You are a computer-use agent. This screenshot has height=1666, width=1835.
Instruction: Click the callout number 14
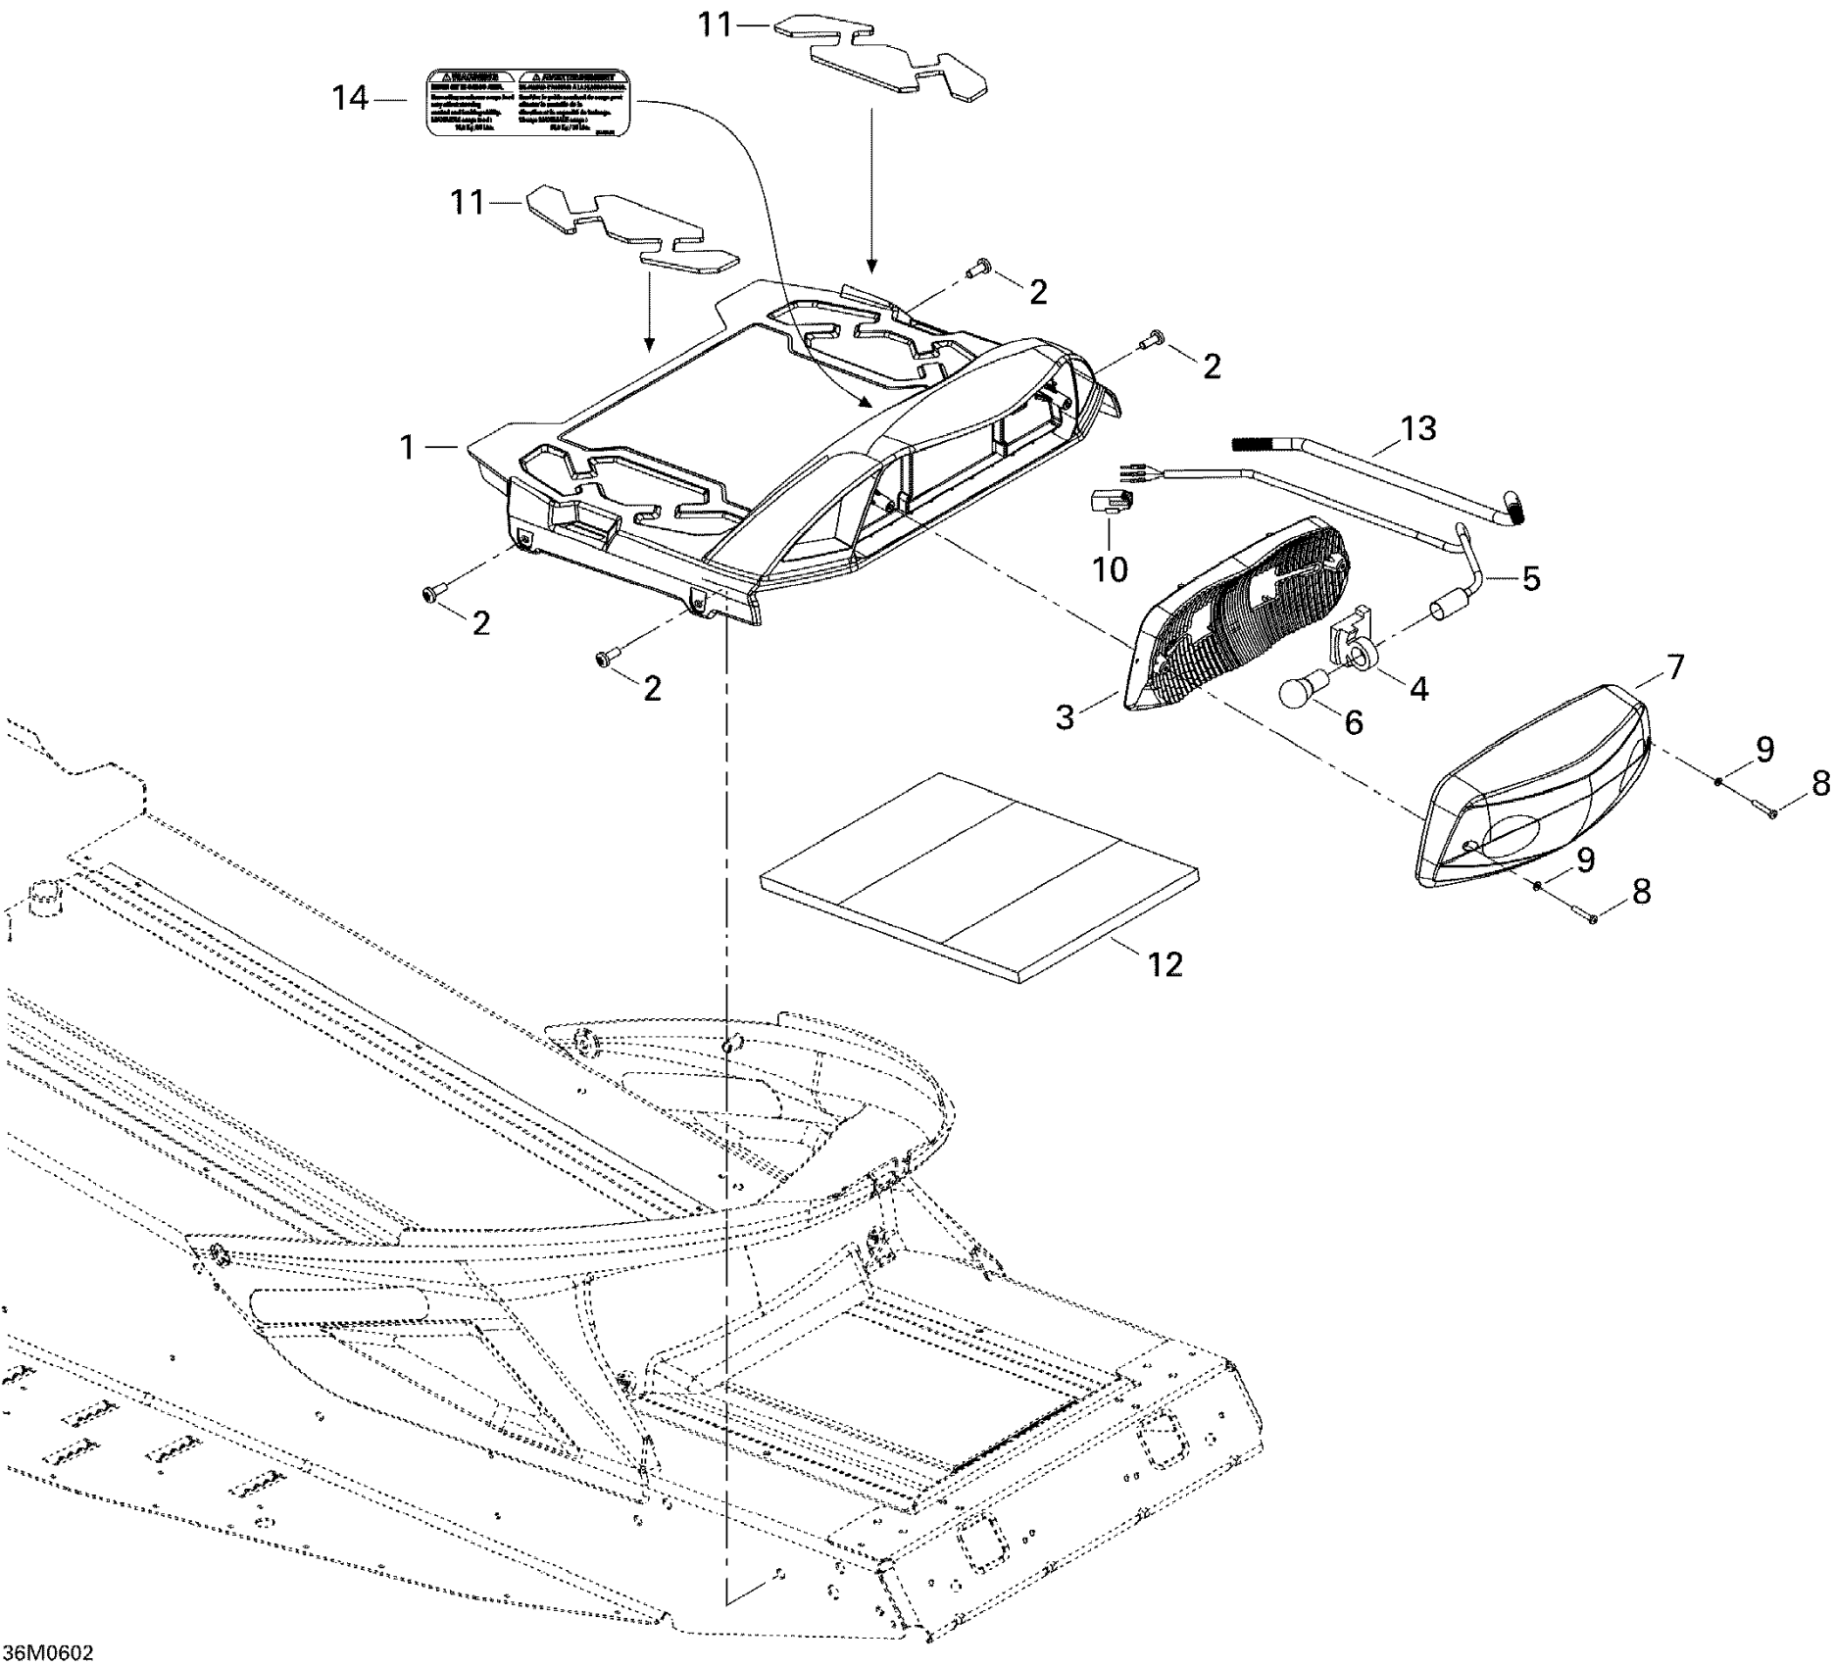350,99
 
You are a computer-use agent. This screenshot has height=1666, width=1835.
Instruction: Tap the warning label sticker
527,102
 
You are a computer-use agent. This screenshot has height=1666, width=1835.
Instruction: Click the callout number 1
408,447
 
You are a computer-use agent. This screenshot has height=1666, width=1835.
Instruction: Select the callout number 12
1165,964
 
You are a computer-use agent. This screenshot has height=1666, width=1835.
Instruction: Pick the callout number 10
1110,569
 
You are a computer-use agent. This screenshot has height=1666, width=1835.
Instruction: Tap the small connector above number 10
1111,503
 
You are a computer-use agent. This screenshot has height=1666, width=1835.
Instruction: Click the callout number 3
1066,716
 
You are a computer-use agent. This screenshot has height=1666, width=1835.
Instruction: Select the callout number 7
1674,668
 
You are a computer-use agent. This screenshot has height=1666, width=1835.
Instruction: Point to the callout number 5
1530,578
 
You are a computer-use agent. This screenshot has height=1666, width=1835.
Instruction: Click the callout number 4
1418,688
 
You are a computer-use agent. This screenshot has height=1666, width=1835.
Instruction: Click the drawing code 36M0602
48,1652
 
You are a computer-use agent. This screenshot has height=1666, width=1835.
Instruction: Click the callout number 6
1353,722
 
